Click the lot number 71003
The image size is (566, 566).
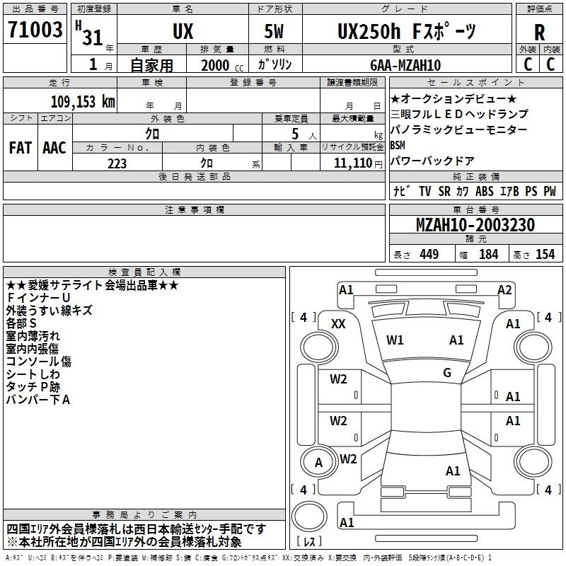pos(35,30)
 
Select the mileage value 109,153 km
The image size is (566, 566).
pos(83,102)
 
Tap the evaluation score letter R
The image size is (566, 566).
pos(539,33)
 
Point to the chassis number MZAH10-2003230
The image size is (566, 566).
pos(475,225)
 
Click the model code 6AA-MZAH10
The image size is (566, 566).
pos(405,65)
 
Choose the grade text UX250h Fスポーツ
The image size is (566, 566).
pos(407,31)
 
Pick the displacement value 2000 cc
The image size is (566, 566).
pos(222,66)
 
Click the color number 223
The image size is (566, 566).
pos(117,163)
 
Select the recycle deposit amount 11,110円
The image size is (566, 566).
pos(358,163)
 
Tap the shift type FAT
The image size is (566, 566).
pos(21,148)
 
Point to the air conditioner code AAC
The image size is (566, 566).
pos(54,148)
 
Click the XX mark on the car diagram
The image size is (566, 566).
pos(338,324)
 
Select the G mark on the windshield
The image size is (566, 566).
pos(447,373)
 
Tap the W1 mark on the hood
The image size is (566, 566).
pos(395,340)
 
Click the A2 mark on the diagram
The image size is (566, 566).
pos(504,290)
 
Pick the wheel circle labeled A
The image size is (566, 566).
pos(319,462)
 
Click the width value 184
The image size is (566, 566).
pos(488,255)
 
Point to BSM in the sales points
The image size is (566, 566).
pos(398,145)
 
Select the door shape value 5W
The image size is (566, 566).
pos(274,31)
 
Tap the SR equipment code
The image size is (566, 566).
pos(444,191)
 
